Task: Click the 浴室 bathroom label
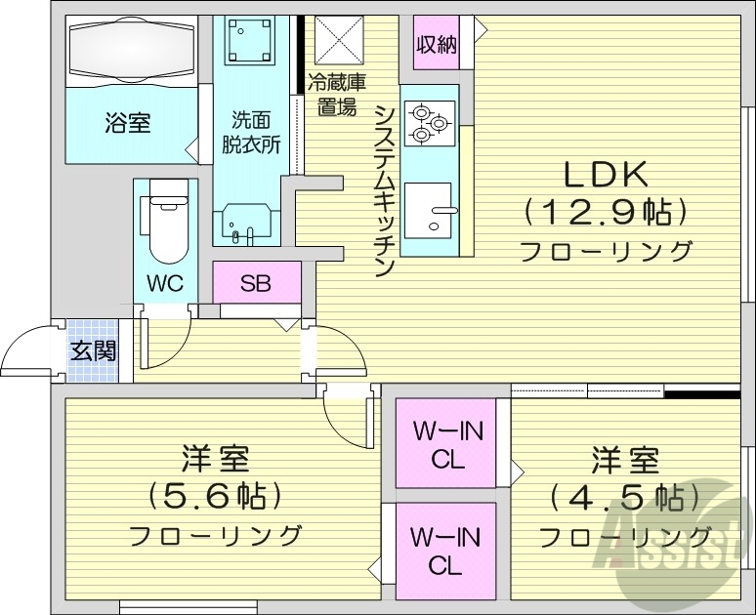pyautogui.click(x=128, y=123)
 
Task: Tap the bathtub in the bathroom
pyautogui.click(x=130, y=50)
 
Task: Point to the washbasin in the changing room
pyautogui.click(x=245, y=222)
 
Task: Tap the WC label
pyautogui.click(x=165, y=284)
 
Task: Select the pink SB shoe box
pyautogui.click(x=256, y=284)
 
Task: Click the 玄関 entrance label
pyautogui.click(x=93, y=349)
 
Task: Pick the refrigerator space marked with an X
pyautogui.click(x=337, y=43)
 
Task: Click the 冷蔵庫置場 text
pyautogui.click(x=337, y=96)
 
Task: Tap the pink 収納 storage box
pyautogui.click(x=436, y=45)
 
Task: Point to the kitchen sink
pyautogui.click(x=429, y=210)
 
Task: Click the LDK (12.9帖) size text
pyautogui.click(x=605, y=210)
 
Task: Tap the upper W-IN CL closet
pyautogui.click(x=446, y=444)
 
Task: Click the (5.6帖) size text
pyautogui.click(x=215, y=496)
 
